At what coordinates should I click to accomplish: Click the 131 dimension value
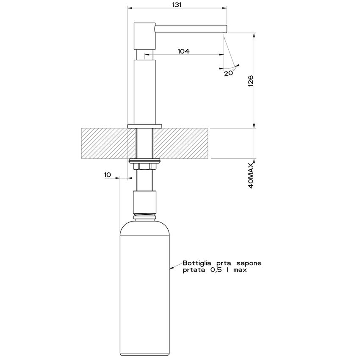click(x=177, y=5)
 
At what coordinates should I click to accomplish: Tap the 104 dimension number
click(x=183, y=51)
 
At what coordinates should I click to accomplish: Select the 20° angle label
click(x=229, y=73)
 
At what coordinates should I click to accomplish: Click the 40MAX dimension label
click(x=250, y=174)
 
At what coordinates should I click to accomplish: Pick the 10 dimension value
click(x=107, y=174)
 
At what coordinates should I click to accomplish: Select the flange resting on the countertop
click(x=145, y=126)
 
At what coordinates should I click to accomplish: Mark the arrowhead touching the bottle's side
click(x=171, y=268)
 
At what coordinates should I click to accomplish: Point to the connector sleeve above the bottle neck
click(x=145, y=202)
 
